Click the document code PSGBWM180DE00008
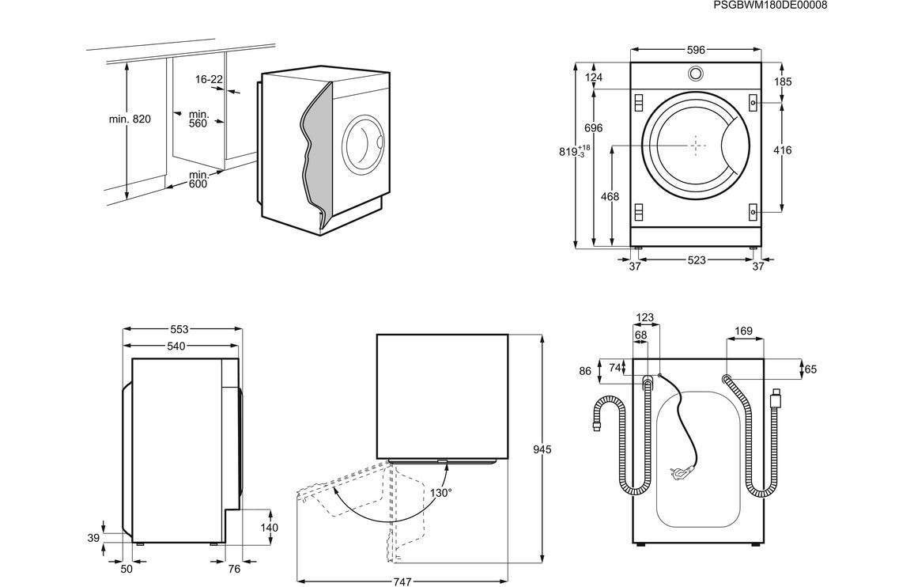pyautogui.click(x=770, y=6)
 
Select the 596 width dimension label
pyautogui.click(x=695, y=50)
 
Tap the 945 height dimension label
pyautogui.click(x=542, y=449)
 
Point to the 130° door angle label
pyautogui.click(x=441, y=493)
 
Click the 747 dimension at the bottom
pyautogui.click(x=402, y=581)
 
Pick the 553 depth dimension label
pyautogui.click(x=179, y=329)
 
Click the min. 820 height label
pyautogui.click(x=130, y=119)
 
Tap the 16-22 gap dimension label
pyautogui.click(x=209, y=79)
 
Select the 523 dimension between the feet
pyautogui.click(x=696, y=260)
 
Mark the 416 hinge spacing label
pyautogui.click(x=782, y=150)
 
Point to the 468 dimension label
pyautogui.click(x=610, y=196)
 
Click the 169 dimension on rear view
pyautogui.click(x=743, y=331)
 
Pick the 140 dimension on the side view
pyautogui.click(x=270, y=528)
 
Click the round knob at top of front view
pyautogui.click(x=695, y=74)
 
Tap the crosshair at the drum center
pyautogui.click(x=695, y=146)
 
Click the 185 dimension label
pyautogui.click(x=783, y=81)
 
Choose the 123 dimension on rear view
pyautogui.click(x=645, y=318)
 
